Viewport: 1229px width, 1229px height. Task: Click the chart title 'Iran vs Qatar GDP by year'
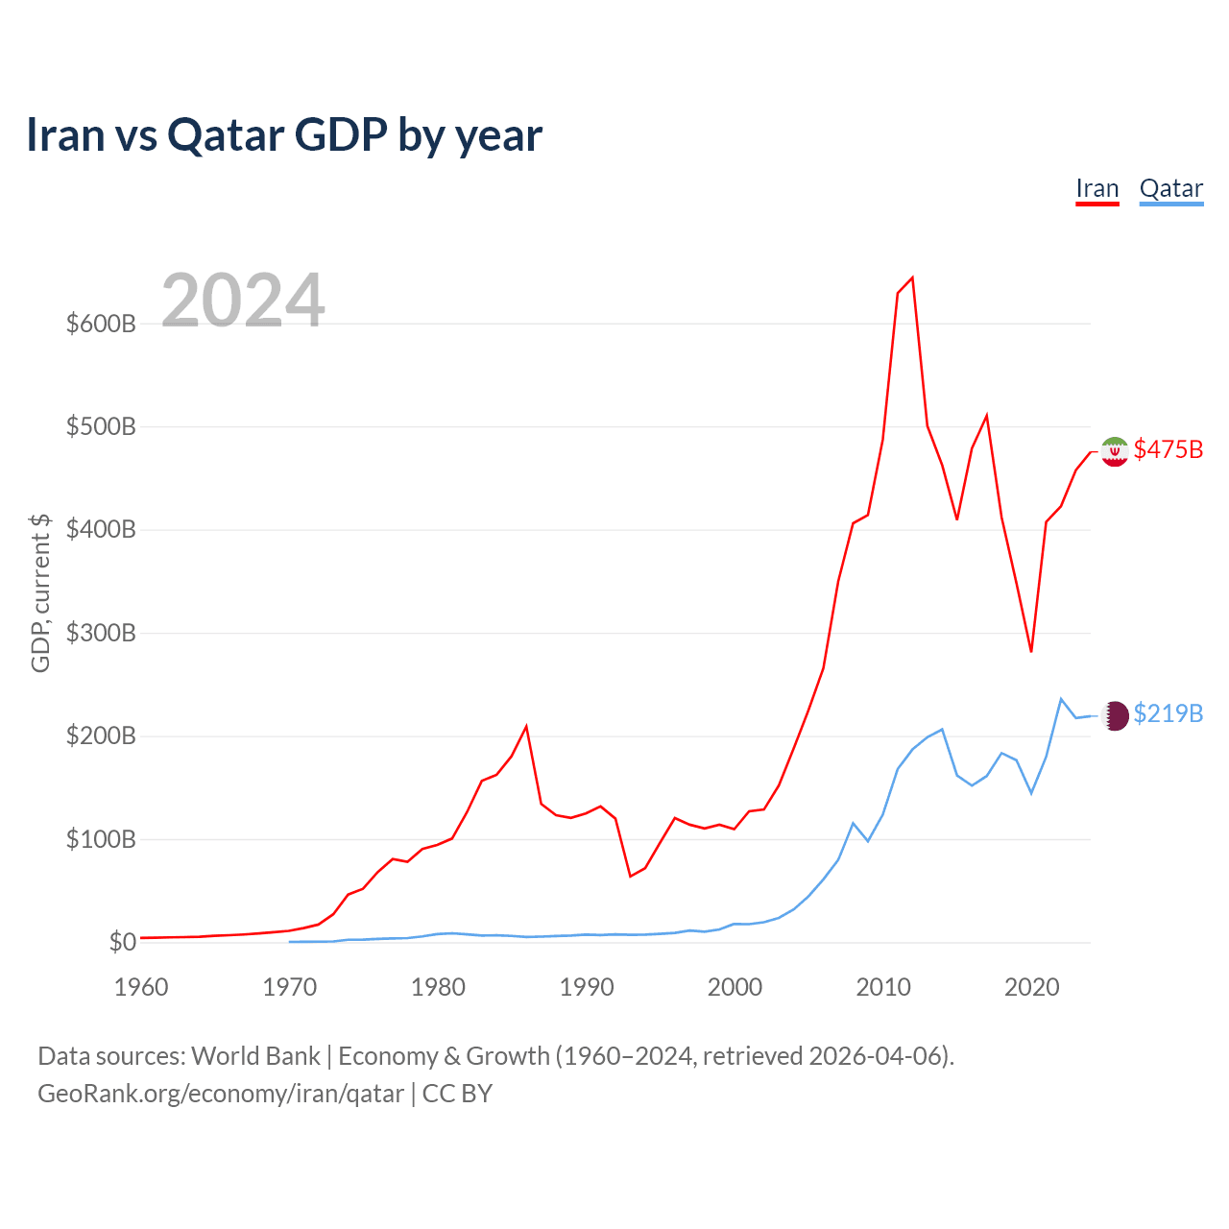point(284,135)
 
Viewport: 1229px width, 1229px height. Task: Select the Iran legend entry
point(1097,189)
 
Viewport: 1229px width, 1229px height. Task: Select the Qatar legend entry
point(1171,189)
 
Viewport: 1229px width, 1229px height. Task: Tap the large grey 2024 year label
point(242,300)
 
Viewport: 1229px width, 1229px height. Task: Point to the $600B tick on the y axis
point(101,324)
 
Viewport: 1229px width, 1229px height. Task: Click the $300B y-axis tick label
point(101,633)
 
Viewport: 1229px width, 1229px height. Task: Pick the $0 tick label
point(123,942)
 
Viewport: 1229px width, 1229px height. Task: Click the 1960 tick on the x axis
point(141,987)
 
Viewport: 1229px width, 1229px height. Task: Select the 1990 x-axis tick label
point(586,987)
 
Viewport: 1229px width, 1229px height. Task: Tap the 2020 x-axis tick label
point(1031,987)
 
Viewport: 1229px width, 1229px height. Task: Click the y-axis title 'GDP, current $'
point(40,593)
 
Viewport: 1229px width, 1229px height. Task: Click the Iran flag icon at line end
point(1114,451)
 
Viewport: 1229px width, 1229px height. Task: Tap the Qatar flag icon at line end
point(1114,715)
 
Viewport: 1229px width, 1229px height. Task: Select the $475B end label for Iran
point(1169,449)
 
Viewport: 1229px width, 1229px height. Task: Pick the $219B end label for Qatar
point(1169,713)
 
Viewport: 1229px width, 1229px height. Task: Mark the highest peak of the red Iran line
point(913,277)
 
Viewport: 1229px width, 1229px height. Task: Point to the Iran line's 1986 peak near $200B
point(526,726)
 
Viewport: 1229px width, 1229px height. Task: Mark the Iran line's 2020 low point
point(1031,651)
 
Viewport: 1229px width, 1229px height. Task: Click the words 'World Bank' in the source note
point(255,1056)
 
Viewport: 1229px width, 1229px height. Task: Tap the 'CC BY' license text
point(457,1094)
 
